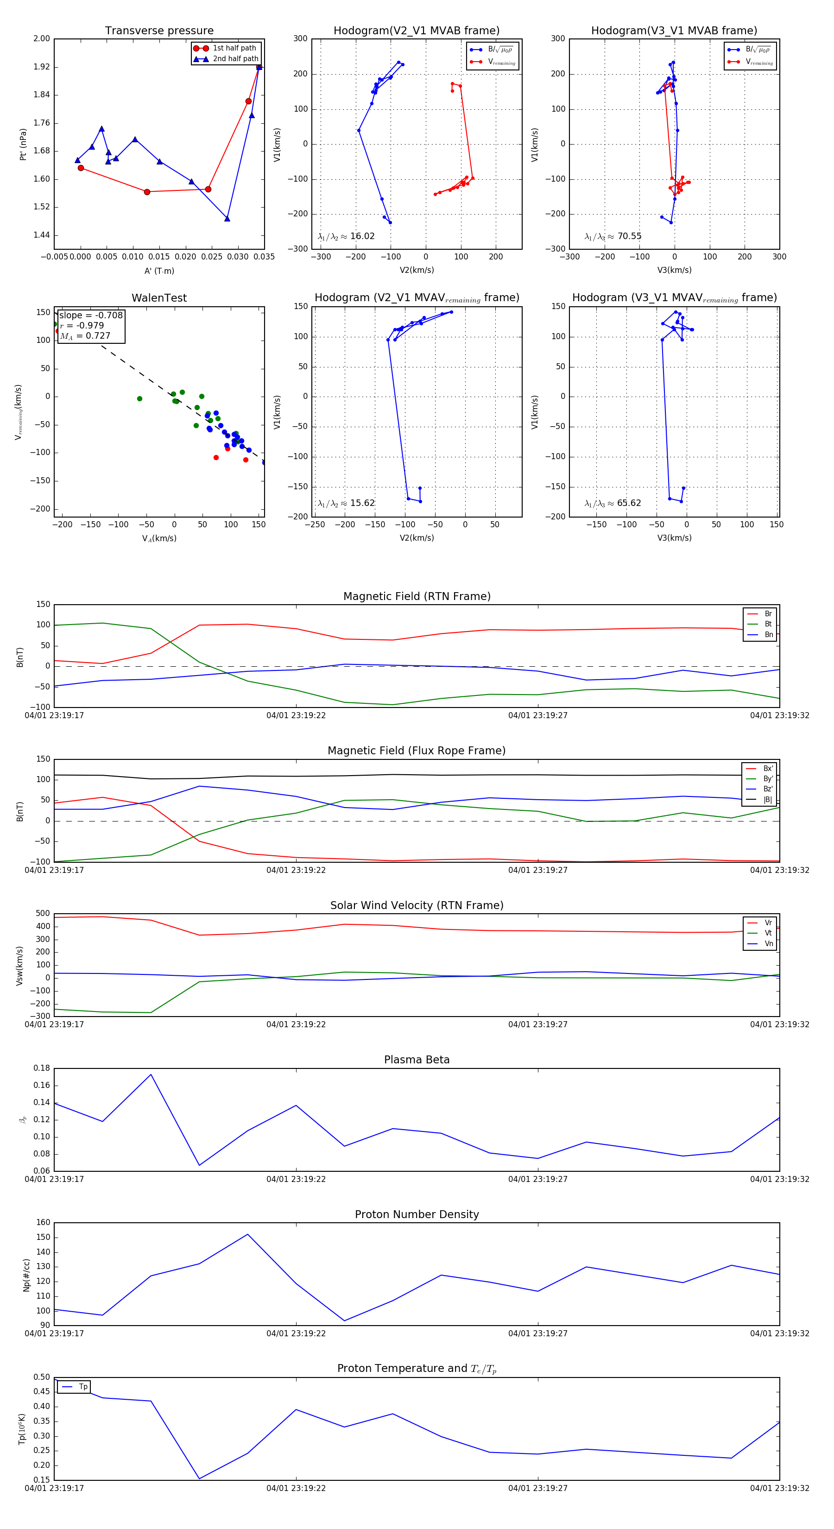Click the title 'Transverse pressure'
(159, 31)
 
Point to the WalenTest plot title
(159, 298)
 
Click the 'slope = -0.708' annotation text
(91, 315)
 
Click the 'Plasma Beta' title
(417, 1060)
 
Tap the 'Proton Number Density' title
(417, 1214)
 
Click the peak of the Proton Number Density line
(247, 1235)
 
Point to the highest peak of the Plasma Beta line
(151, 1074)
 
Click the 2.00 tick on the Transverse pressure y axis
(42, 38)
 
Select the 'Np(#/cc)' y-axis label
(26, 1275)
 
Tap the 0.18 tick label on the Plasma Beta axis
(42, 1068)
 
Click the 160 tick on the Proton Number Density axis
(44, 1222)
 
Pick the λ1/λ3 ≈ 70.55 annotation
(613, 236)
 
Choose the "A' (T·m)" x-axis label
(159, 271)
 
